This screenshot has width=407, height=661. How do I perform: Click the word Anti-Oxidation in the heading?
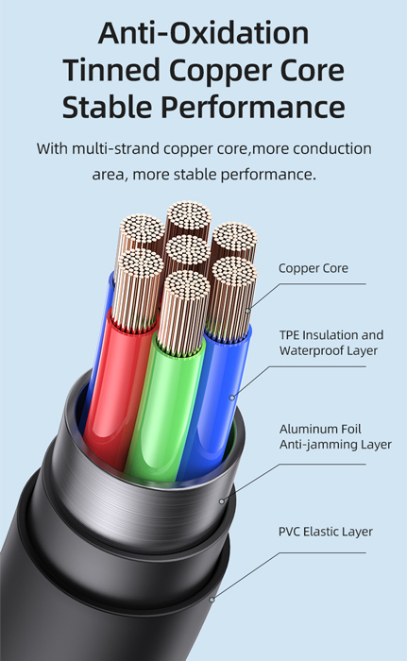pyautogui.click(x=203, y=33)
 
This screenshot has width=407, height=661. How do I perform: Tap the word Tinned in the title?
pyautogui.click(x=111, y=70)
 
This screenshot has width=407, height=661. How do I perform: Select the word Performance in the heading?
pyautogui.click(x=253, y=108)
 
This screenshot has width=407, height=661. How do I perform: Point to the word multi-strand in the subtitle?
pyautogui.click(x=115, y=149)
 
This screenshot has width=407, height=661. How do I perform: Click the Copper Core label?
pyautogui.click(x=314, y=268)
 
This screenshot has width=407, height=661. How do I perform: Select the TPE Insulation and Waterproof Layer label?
pyautogui.click(x=331, y=343)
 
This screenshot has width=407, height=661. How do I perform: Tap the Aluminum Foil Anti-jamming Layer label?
pyautogui.click(x=335, y=436)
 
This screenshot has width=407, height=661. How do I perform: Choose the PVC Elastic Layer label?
pyautogui.click(x=326, y=532)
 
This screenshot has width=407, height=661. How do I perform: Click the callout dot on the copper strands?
pyautogui.click(x=248, y=311)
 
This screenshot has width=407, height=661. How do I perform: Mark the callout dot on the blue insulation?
pyautogui.click(x=231, y=398)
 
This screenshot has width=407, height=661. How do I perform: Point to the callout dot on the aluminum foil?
pyautogui.click(x=222, y=501)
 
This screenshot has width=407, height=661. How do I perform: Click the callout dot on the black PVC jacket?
pyautogui.click(x=212, y=599)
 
